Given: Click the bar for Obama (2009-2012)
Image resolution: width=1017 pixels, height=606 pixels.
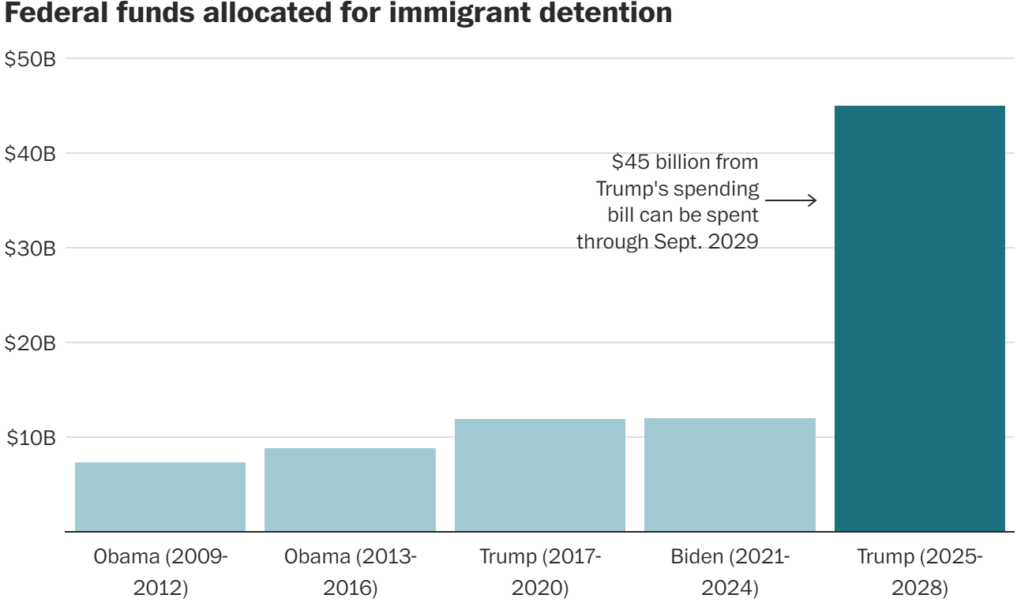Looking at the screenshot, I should click(x=160, y=497).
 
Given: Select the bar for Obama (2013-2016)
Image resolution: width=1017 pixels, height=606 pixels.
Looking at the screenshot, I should click(x=350, y=490).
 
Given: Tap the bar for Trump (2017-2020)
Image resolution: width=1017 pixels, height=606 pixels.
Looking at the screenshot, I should click(x=540, y=475).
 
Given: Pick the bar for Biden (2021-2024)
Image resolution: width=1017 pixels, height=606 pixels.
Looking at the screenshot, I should click(x=730, y=475).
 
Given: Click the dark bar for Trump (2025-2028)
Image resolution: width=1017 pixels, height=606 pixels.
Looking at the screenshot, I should click(x=919, y=319).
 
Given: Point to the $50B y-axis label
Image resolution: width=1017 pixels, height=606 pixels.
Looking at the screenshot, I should click(x=30, y=59).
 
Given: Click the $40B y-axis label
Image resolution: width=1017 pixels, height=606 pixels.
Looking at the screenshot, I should click(x=30, y=154).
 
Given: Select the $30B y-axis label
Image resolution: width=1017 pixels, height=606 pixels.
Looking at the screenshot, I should click(x=30, y=249).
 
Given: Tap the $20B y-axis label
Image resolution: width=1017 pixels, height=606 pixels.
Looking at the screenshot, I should click(x=30, y=343).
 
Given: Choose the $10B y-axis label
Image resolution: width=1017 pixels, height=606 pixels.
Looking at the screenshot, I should click(x=30, y=438).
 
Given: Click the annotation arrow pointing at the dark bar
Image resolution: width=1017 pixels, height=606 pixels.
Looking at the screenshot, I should click(x=790, y=200).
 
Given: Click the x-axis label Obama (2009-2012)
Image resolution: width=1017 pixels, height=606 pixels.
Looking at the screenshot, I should click(x=160, y=571).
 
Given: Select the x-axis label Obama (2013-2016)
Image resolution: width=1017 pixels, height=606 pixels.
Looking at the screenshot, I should click(x=350, y=571).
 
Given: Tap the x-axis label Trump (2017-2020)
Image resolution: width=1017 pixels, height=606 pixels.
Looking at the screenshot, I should click(x=540, y=571).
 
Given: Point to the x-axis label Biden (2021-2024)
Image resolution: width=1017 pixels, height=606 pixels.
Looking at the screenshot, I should click(x=730, y=571).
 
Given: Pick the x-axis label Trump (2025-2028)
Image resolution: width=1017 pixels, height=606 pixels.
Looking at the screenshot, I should click(x=919, y=571).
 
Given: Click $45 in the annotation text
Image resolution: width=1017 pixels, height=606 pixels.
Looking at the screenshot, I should click(x=630, y=163).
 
